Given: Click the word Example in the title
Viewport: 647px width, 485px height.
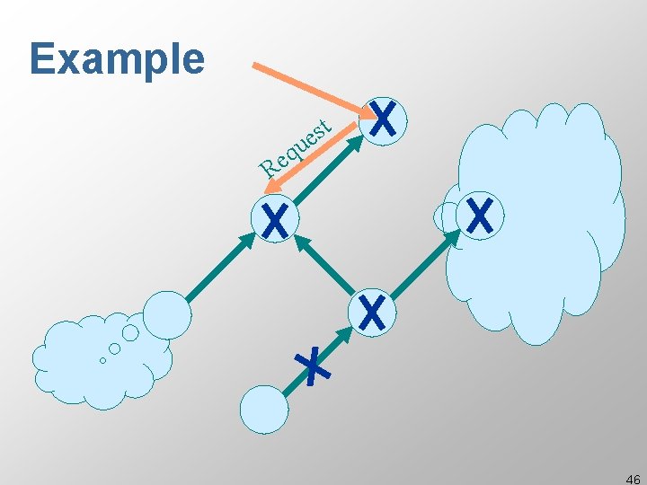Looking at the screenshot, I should tap(117, 58).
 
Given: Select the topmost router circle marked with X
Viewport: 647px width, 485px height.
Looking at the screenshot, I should tap(384, 120).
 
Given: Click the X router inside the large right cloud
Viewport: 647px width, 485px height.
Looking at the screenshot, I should tap(481, 216).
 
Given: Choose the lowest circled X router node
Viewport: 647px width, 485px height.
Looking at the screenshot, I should tap(371, 313).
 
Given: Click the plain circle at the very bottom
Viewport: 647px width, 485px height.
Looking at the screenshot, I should tap(264, 410).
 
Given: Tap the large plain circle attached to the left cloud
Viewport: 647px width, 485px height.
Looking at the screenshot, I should tap(167, 314).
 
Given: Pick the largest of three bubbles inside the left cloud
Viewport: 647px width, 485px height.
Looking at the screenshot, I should tap(130, 333).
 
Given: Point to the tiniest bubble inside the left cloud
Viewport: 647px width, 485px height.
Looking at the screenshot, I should tap(102, 361).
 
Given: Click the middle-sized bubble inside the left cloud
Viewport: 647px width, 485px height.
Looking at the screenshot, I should tap(114, 348).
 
